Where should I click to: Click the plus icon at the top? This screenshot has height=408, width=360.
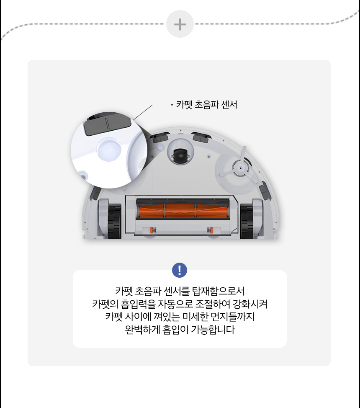click(x=180, y=25)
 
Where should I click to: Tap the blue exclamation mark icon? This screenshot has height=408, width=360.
click(x=180, y=270)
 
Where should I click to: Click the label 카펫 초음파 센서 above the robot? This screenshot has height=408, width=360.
click(x=207, y=105)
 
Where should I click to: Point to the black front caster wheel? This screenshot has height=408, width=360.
click(x=180, y=156)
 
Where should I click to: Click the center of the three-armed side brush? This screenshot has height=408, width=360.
click(x=241, y=168)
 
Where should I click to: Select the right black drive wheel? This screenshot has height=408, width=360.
click(x=246, y=222)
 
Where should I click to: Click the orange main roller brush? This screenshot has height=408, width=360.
click(x=180, y=211)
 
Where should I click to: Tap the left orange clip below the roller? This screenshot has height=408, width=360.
click(x=154, y=230)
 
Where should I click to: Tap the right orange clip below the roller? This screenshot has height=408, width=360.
click(x=210, y=230)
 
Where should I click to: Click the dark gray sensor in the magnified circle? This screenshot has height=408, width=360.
click(x=107, y=124)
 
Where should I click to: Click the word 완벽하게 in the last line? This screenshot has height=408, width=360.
click(x=143, y=330)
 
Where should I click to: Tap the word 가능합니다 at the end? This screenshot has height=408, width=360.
click(x=213, y=330)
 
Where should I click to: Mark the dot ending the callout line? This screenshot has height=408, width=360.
click(x=172, y=105)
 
